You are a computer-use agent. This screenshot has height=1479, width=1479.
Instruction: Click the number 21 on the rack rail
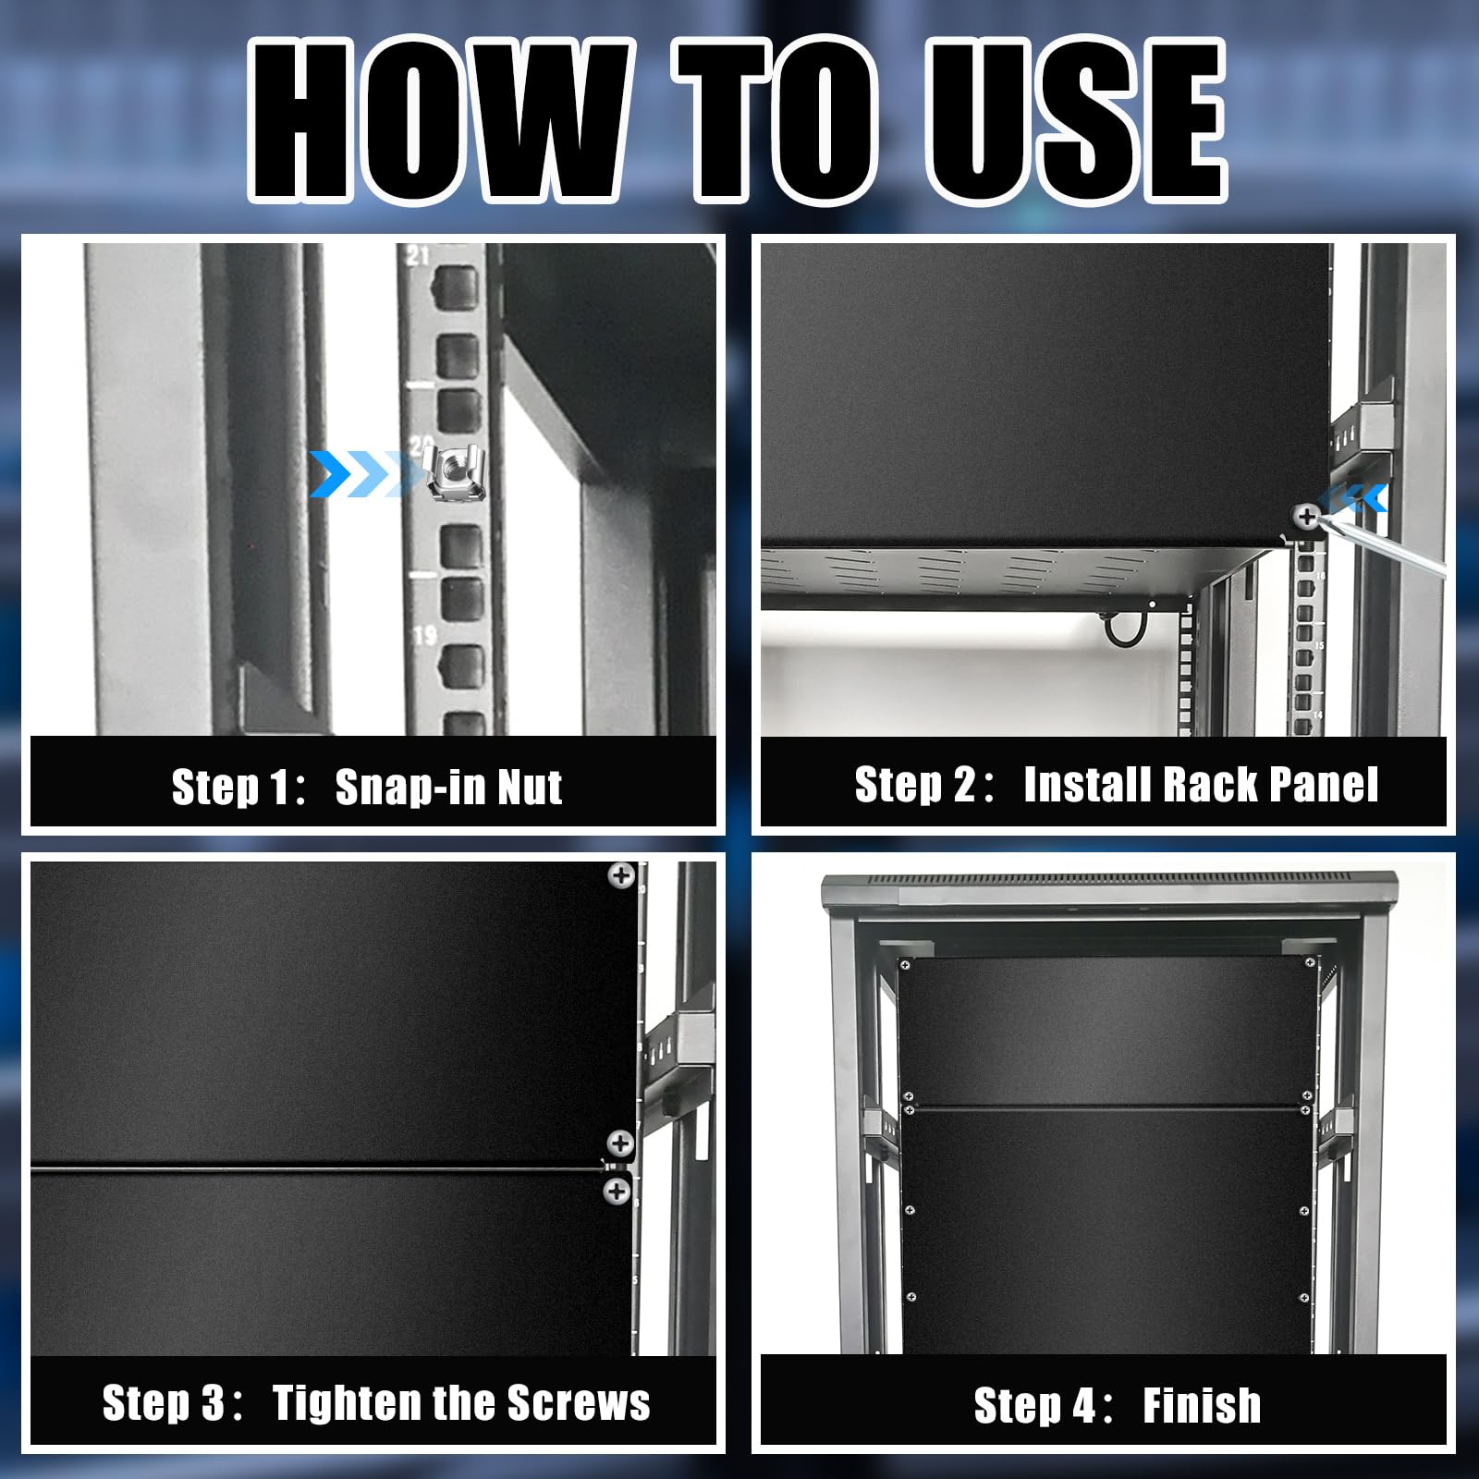click(x=418, y=255)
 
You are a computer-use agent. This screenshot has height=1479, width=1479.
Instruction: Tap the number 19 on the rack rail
click(x=424, y=636)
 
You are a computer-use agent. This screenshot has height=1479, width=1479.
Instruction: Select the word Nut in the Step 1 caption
click(x=530, y=787)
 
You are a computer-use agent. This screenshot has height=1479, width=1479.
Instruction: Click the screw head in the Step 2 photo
click(x=1306, y=516)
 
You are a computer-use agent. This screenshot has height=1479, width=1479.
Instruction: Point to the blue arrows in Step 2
click(x=1354, y=499)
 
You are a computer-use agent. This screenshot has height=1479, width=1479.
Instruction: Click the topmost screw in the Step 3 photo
click(x=621, y=874)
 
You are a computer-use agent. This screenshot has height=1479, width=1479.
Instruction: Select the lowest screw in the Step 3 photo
click(x=617, y=1191)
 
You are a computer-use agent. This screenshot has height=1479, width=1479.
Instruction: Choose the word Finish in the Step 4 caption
click(x=1202, y=1405)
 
